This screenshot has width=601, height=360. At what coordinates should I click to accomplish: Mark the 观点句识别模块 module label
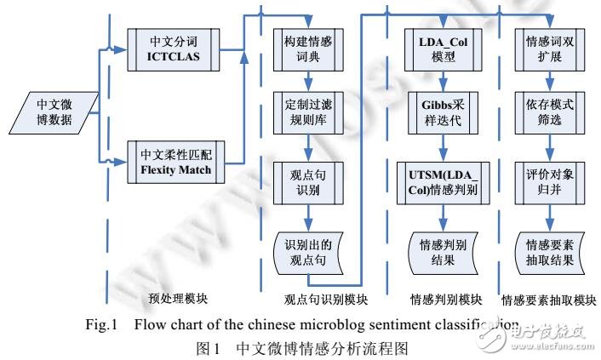pos(325,300)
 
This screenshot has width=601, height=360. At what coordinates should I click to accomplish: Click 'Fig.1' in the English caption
pos(102,323)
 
